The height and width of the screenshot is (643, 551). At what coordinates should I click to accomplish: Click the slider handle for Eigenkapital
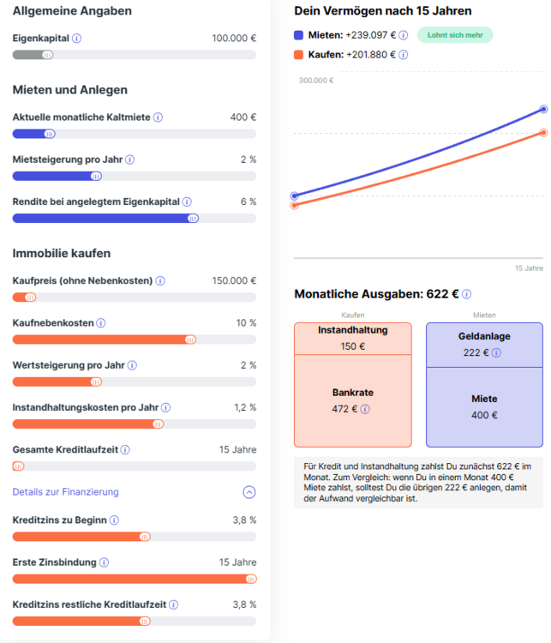click(x=47, y=55)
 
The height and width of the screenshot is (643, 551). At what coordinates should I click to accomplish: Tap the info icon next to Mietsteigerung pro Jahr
click(x=130, y=159)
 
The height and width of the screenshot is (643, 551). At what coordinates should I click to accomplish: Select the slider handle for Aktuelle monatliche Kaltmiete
click(x=50, y=134)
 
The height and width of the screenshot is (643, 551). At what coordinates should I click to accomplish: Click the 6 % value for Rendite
click(x=248, y=201)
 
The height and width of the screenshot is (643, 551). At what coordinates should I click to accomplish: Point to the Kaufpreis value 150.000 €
click(x=234, y=280)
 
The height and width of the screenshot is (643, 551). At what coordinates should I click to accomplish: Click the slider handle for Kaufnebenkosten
click(x=190, y=340)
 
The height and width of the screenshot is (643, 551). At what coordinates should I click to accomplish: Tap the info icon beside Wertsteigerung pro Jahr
click(x=132, y=365)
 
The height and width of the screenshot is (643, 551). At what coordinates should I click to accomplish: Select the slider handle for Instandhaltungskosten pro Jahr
click(x=158, y=424)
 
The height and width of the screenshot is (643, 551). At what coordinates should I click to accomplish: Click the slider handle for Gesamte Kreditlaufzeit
click(x=18, y=466)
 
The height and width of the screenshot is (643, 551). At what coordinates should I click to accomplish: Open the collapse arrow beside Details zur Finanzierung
click(x=249, y=492)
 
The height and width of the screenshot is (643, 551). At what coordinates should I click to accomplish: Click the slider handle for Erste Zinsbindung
click(x=250, y=579)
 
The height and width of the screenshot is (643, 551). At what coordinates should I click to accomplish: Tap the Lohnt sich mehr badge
click(x=454, y=35)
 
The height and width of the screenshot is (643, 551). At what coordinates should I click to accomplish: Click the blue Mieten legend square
click(x=298, y=35)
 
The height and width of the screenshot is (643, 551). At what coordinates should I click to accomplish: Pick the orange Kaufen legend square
click(x=298, y=55)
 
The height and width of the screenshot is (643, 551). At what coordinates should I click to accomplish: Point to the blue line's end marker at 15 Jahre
click(x=543, y=109)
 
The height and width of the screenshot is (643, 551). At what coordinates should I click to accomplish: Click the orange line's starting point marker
click(x=295, y=205)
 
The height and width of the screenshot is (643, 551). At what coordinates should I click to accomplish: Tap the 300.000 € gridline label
click(x=316, y=81)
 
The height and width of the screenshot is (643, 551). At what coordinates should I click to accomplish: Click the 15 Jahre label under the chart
click(x=529, y=268)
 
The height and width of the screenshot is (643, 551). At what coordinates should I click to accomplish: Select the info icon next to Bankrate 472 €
click(x=365, y=409)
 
